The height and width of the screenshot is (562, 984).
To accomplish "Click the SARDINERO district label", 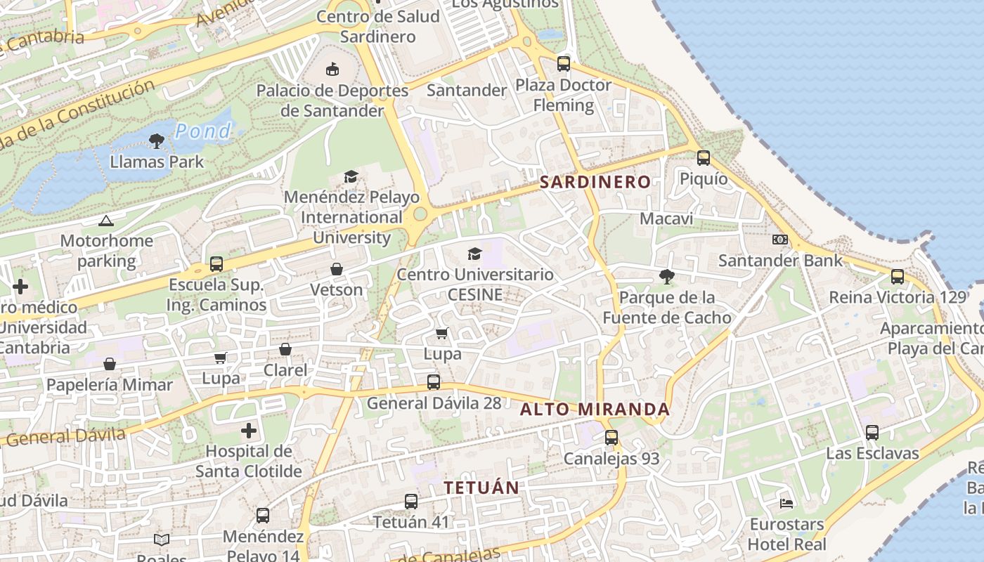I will click(x=595, y=182).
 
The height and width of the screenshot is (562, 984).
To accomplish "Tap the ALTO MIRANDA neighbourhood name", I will click(x=595, y=409).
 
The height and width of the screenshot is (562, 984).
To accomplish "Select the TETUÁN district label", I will click(x=481, y=487).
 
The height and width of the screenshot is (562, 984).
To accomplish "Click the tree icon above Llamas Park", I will click(x=157, y=141).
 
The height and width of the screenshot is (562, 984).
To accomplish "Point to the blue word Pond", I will click(x=202, y=131).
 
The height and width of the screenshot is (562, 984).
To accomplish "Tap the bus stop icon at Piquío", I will click(x=703, y=158).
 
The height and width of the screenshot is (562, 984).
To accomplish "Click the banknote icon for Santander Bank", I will click(x=779, y=240).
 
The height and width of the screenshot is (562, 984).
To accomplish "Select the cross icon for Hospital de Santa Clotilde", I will click(x=249, y=430).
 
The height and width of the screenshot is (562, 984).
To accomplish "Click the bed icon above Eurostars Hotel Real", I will click(x=786, y=503).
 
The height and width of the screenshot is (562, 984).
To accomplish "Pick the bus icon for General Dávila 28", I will click(x=434, y=382).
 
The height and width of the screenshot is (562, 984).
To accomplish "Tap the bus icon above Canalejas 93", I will click(x=611, y=438).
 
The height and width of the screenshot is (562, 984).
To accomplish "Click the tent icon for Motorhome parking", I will click(x=106, y=221).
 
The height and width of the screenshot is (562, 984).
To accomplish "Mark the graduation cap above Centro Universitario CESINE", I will click(x=475, y=254).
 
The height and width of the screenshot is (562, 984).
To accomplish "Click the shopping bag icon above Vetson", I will click(x=337, y=269).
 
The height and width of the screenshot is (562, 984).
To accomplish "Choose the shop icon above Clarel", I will click(x=285, y=349).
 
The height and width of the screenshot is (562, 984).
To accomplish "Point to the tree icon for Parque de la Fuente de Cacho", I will click(x=666, y=277).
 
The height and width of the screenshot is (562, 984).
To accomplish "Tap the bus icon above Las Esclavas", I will click(x=872, y=433).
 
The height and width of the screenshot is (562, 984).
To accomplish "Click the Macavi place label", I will click(x=666, y=218).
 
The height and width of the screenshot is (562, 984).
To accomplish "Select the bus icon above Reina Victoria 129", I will click(x=898, y=277).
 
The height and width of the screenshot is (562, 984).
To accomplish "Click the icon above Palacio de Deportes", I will click(x=332, y=69).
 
